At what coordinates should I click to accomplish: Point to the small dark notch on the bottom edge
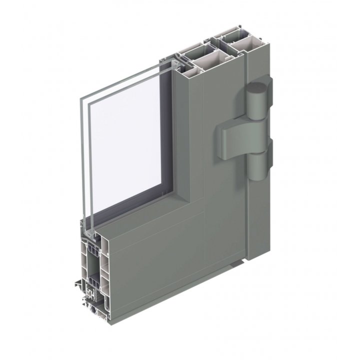(241, 261)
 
